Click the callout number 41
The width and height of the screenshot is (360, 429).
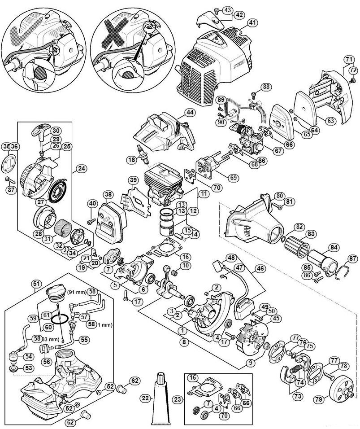pyautogui.click(x=240, y=22)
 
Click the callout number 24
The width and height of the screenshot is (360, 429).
pyautogui.click(x=81, y=169)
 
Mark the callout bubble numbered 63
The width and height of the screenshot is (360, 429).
pyautogui.click(x=330, y=120)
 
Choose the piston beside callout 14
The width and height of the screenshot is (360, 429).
pyautogui.click(x=168, y=227)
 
